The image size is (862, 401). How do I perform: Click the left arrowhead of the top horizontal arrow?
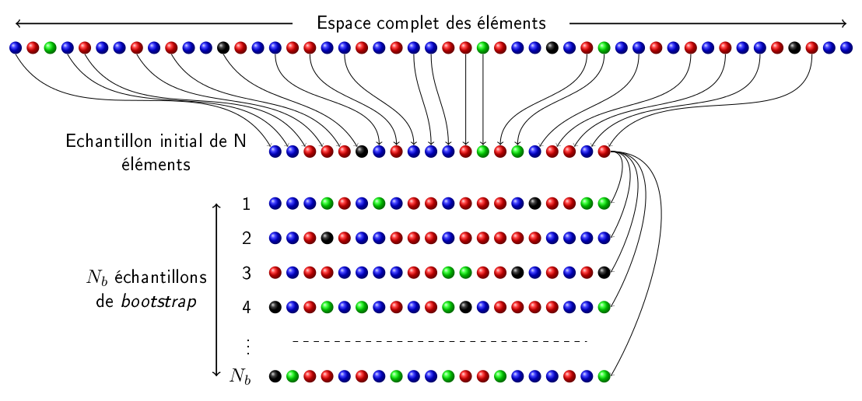click(x=18, y=23)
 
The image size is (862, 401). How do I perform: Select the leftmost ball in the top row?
click(x=16, y=48)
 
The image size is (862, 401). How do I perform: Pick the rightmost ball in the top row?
click(x=846, y=48)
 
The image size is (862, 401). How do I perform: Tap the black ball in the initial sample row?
click(x=362, y=152)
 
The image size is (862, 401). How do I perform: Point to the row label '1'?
click(x=247, y=204)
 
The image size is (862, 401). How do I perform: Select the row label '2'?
click(x=247, y=239)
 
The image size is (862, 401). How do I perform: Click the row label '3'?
click(x=247, y=273)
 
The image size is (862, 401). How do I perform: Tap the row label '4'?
click(x=247, y=307)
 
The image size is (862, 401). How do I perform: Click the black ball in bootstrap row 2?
click(x=328, y=239)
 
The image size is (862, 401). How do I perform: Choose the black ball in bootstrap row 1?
click(x=534, y=204)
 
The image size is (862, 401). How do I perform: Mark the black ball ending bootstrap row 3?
click(x=604, y=273)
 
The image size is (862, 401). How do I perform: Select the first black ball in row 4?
click(x=275, y=307)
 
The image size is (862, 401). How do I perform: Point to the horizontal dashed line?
click(x=440, y=341)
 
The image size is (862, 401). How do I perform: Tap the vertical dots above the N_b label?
click(x=247, y=346)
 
